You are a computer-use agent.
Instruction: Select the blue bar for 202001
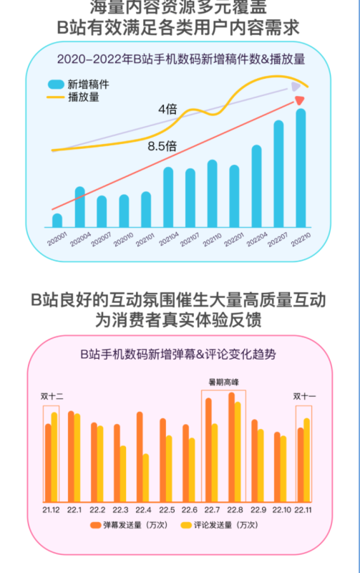[57, 220]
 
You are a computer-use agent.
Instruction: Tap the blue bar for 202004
[79, 206]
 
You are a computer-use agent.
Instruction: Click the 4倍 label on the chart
[167, 110]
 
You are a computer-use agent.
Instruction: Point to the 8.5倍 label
[162, 145]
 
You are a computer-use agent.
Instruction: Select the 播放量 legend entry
[78, 96]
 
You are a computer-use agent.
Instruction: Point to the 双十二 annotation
[52, 396]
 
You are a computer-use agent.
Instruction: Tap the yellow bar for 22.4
[145, 476]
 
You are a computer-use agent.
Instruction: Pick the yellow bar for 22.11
[308, 458]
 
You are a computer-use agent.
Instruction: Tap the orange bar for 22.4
[139, 456]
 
